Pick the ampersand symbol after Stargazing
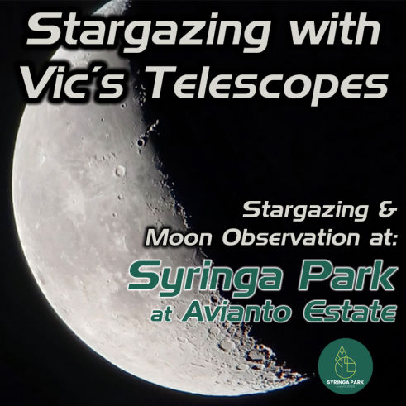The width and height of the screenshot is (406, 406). (387, 211)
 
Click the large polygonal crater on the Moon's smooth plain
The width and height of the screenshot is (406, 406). (120, 171)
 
